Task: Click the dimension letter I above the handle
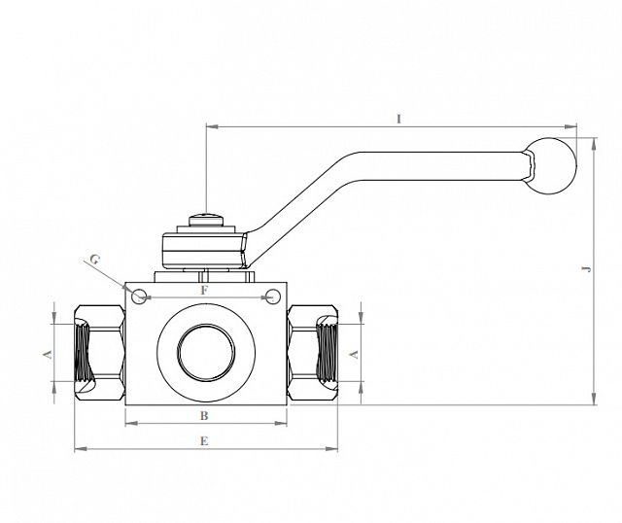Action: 399,119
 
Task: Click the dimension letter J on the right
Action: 586,269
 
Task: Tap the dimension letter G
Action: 94,260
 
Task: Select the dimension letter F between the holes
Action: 204,291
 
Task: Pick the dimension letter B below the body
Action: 204,416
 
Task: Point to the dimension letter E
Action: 204,441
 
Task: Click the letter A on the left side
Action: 48,355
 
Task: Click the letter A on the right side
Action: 354,355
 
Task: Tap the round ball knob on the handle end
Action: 551,166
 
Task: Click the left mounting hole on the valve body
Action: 139,296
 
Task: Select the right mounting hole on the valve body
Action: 272,296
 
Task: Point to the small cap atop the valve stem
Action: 206,220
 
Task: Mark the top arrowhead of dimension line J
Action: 594,144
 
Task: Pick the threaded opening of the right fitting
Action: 328,352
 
